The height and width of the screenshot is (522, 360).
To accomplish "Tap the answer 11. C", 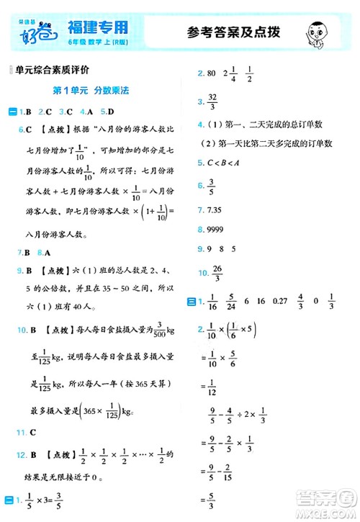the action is coord(29,431).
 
